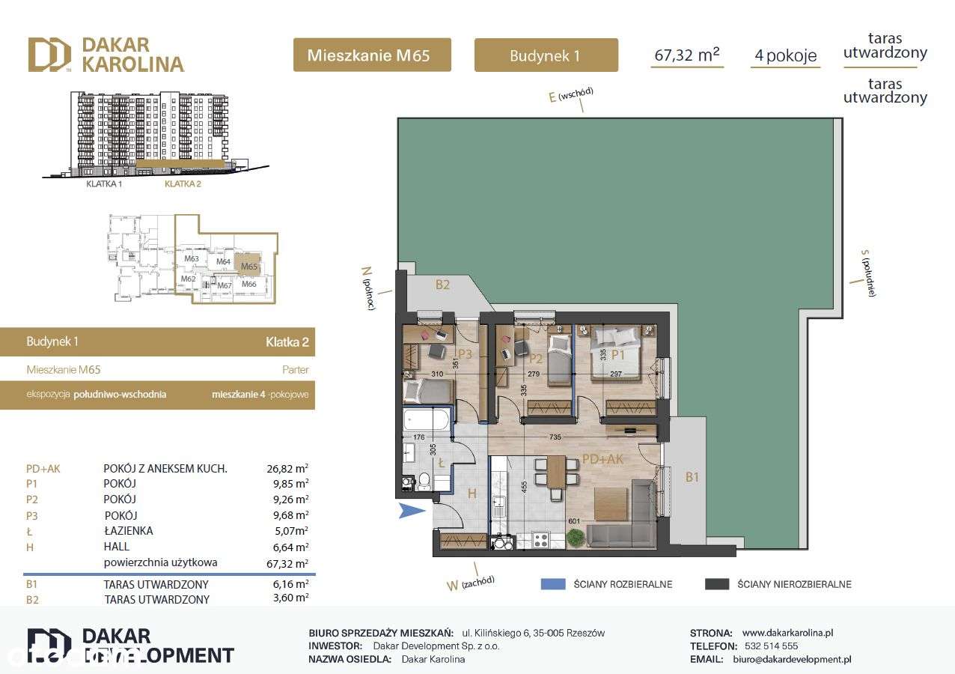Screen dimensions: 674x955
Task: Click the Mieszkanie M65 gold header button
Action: coord(372,55)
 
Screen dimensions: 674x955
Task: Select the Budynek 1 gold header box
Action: coord(546,55)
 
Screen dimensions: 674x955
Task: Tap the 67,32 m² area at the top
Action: coord(686,54)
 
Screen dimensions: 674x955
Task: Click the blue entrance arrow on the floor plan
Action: coord(411,511)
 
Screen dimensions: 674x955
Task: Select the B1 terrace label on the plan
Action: coord(692,476)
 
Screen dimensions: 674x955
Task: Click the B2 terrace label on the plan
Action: coord(442,285)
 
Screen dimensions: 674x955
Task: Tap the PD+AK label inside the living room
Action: coord(602,459)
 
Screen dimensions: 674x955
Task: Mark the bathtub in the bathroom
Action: coord(427,419)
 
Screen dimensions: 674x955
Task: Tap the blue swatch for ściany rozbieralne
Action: coord(553,584)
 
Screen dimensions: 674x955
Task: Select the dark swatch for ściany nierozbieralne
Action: coord(717,584)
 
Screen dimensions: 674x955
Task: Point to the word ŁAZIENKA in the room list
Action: coord(128,531)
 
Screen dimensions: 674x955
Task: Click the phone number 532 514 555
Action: coord(770,646)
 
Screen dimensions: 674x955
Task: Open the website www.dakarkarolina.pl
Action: coord(787,633)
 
